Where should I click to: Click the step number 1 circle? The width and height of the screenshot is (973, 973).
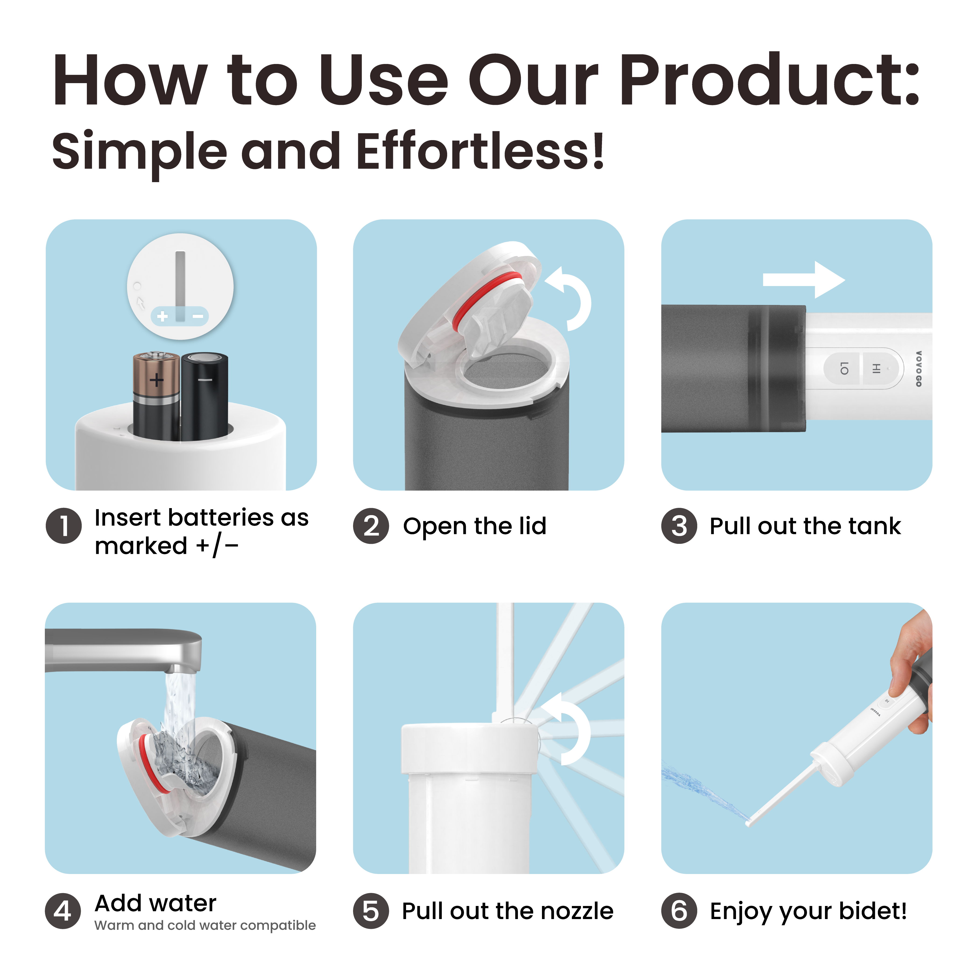64,526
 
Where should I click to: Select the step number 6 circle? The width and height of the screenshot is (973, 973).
679,911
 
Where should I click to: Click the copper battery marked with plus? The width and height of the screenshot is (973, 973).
156,395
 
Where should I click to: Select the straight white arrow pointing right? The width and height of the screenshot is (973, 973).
803,280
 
